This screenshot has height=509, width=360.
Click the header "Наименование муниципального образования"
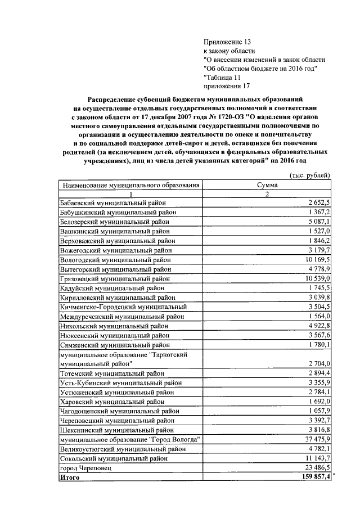point(131,184)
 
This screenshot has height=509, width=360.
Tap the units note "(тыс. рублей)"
point(309,175)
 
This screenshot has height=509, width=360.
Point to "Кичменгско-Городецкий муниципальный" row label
point(123,307)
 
